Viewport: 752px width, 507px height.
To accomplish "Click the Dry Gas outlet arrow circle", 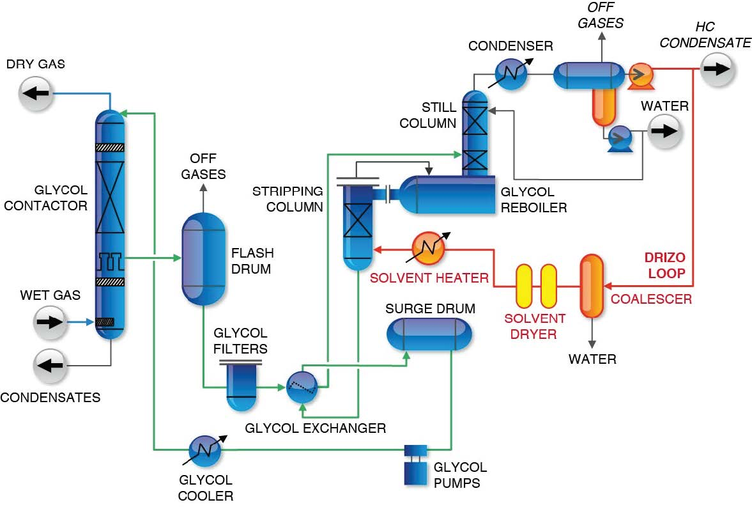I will tap(36, 93).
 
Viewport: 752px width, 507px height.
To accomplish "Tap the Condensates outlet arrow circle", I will tap(50, 366).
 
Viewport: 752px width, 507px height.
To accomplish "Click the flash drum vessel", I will tap(204, 259).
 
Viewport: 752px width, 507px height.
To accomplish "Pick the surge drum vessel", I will tap(429, 333).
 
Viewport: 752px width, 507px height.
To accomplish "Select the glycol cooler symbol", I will tap(204, 451).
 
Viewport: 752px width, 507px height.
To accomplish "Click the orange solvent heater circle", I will tap(429, 249).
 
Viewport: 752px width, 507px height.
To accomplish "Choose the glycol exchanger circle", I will tap(302, 386).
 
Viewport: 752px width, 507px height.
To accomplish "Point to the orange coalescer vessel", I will tap(591, 286).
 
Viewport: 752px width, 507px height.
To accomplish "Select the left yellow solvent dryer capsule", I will tap(525, 286).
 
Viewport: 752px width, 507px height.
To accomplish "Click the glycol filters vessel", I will tap(241, 387).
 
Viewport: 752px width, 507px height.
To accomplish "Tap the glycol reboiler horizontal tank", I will tap(447, 195).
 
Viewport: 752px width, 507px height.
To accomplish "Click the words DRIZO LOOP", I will tap(664, 265).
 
